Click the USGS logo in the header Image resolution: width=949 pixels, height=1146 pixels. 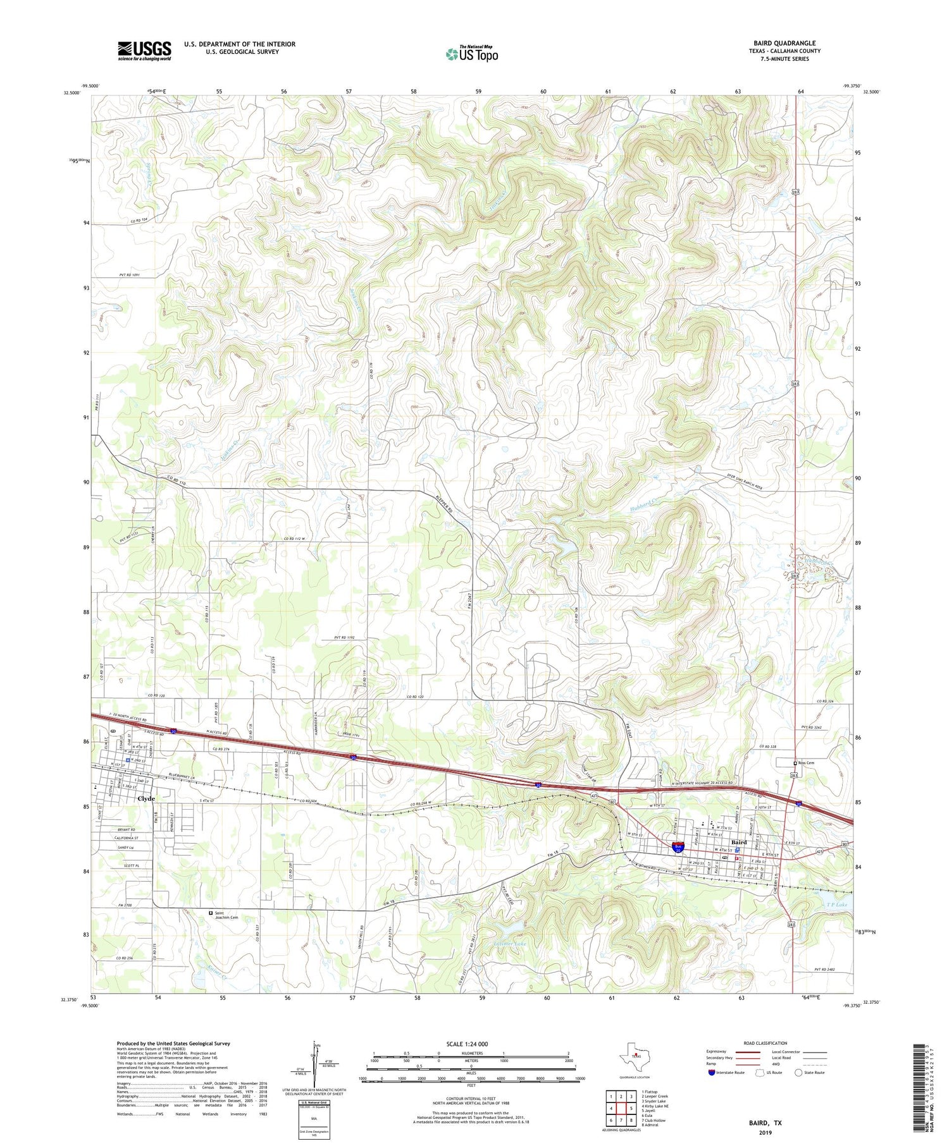tap(144, 51)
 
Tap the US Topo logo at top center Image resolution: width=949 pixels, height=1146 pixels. tap(471, 54)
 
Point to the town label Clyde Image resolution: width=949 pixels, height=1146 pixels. tap(146, 798)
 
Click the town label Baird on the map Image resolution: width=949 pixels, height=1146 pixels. tap(739, 843)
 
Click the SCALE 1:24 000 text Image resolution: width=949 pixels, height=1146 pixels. tap(468, 1044)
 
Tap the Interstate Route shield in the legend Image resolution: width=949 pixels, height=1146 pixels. tap(712, 1073)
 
